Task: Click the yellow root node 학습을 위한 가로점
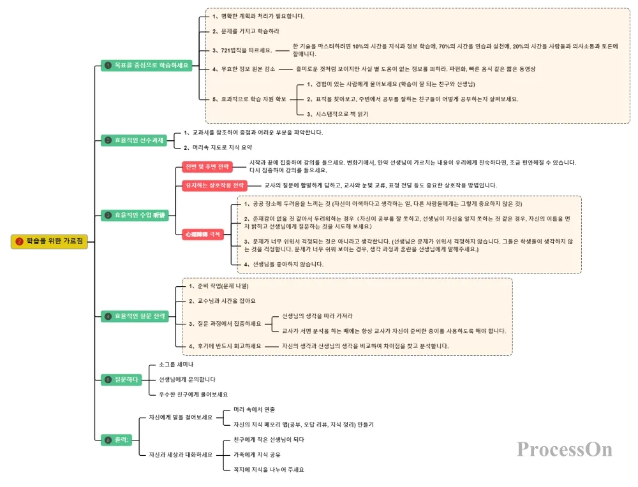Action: point(49,242)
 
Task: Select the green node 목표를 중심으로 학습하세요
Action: point(147,65)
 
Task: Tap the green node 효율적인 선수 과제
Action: point(134,140)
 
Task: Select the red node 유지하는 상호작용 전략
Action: point(214,185)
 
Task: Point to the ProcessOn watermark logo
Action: point(565,449)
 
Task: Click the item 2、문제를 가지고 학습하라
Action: point(246,31)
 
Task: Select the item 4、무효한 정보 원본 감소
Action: point(244,69)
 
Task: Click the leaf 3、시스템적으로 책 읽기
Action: point(338,113)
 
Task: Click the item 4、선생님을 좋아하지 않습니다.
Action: point(280,264)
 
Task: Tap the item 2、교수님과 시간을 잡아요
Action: point(222,300)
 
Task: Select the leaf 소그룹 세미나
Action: point(176,365)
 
